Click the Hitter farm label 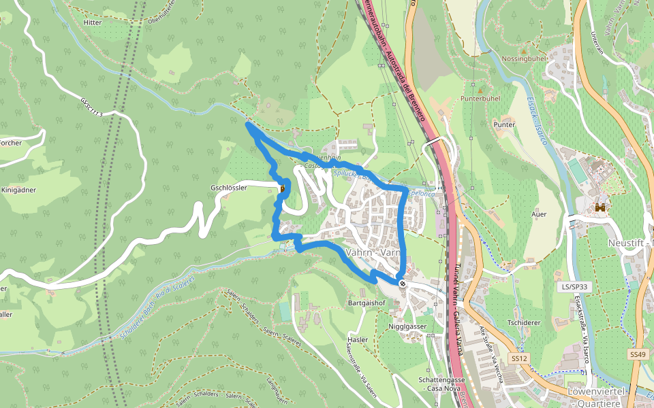(x=92, y=22)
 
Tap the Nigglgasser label (x=407, y=326)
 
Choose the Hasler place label (x=357, y=339)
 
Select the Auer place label (x=538, y=214)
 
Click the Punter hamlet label (x=504, y=125)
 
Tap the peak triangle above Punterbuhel (x=480, y=90)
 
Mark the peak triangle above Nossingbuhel (x=523, y=50)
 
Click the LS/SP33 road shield (x=574, y=288)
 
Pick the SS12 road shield (x=518, y=358)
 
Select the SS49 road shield (x=637, y=354)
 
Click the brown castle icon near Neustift (x=601, y=207)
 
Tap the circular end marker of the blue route (x=403, y=283)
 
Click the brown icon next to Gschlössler (x=282, y=189)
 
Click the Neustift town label (x=630, y=243)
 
